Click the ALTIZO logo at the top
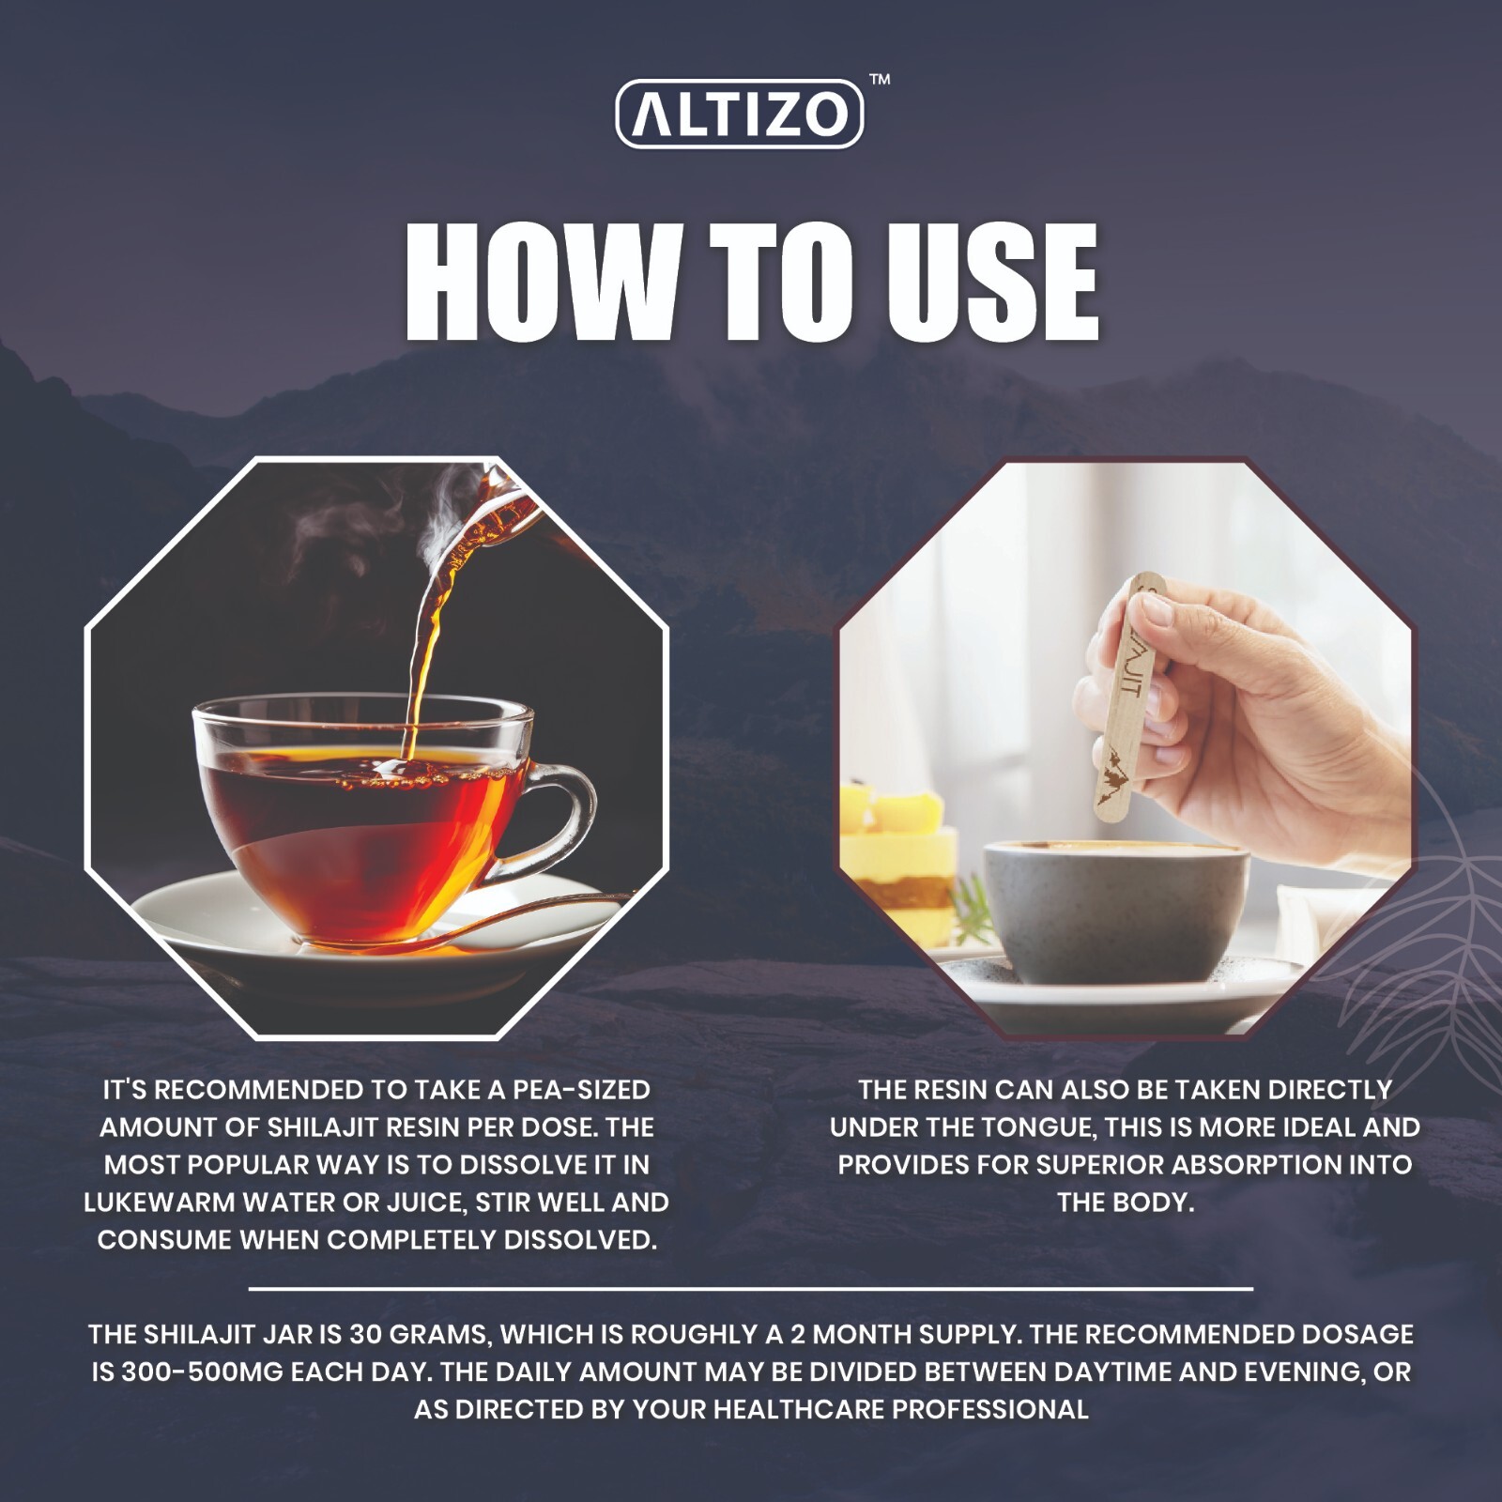point(739,114)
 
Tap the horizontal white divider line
point(751,1289)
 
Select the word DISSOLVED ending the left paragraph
point(580,1240)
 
